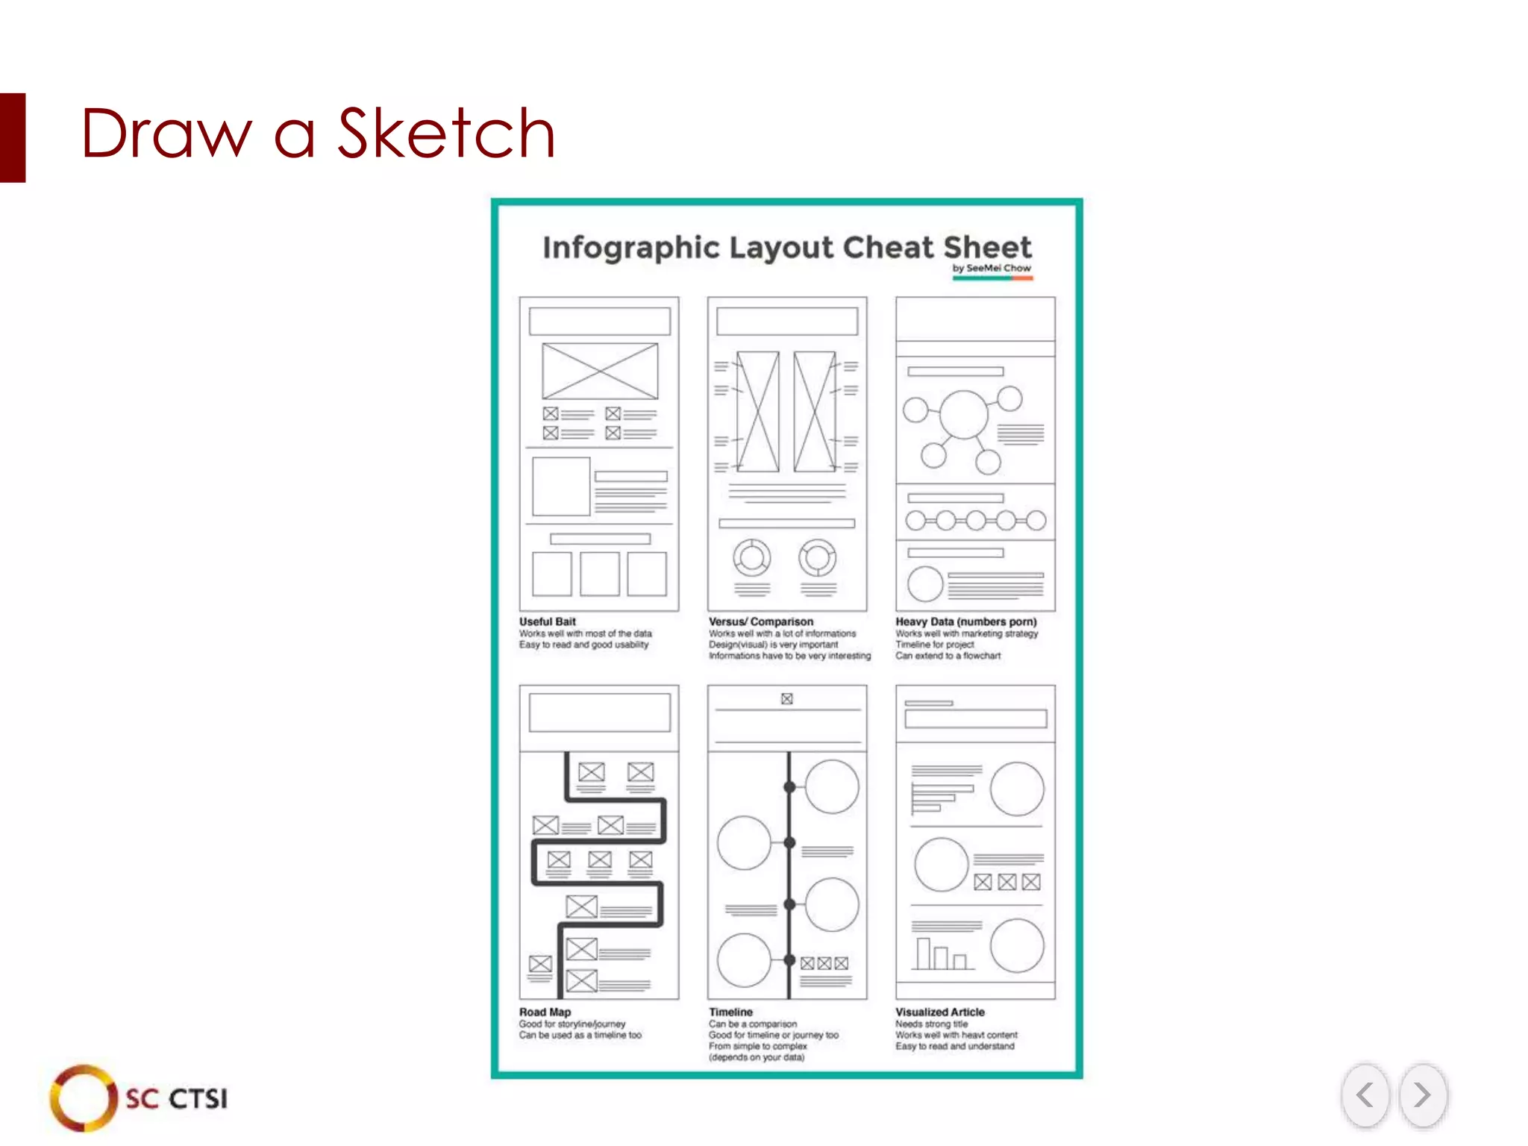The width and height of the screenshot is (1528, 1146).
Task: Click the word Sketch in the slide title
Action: [446, 134]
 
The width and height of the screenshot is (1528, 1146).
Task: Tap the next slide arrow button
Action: [1422, 1095]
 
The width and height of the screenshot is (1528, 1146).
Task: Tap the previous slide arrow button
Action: [1365, 1095]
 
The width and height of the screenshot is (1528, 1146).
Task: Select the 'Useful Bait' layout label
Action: [548, 621]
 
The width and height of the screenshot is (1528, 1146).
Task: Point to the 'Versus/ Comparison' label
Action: [761, 621]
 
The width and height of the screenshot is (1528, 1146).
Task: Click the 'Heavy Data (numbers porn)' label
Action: [966, 621]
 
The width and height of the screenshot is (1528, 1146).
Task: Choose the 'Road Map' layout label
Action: [545, 1012]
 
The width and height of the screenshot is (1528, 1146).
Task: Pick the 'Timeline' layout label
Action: [731, 1012]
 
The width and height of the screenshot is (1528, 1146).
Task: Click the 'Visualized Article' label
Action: [940, 1012]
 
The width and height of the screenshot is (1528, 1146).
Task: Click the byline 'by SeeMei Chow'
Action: [992, 268]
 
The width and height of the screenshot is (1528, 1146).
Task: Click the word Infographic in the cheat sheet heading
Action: [630, 248]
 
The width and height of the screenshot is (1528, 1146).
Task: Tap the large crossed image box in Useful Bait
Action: [600, 371]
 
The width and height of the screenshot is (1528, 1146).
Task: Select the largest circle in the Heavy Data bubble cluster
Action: [964, 415]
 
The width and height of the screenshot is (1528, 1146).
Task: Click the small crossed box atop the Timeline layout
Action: [786, 699]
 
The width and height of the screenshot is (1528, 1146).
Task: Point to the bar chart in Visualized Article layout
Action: [942, 954]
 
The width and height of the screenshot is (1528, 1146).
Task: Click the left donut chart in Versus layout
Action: [752, 557]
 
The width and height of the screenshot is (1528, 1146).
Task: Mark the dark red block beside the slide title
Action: [13, 137]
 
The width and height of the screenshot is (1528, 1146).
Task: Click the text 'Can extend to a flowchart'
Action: [948, 656]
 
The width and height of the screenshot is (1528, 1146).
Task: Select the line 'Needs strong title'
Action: [931, 1024]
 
